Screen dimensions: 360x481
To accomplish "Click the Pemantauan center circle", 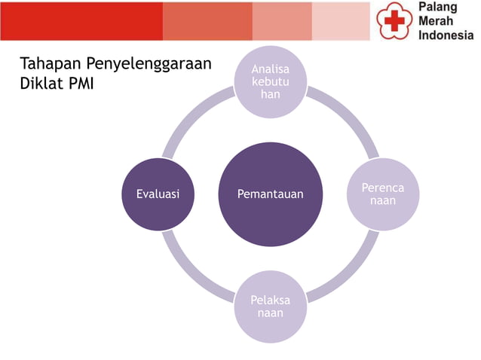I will pos(271,194).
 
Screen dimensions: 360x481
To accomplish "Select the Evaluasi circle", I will pos(158,194).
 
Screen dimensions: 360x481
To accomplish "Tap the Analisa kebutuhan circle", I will pos(271,82).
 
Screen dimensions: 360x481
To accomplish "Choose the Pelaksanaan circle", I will pos(270,307).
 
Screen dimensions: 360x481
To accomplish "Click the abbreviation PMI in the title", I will pos(80,83).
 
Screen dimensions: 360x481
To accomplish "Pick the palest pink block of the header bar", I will pos(342,21).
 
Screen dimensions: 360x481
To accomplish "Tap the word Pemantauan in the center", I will pos(271,194).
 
